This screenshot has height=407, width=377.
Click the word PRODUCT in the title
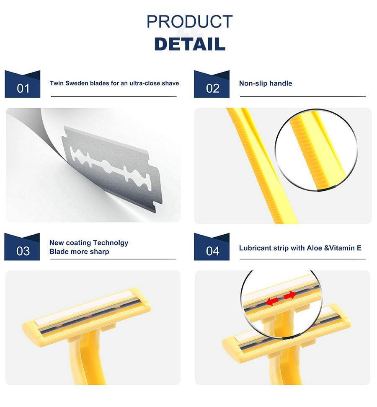click(x=189, y=21)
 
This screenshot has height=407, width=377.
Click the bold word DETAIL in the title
click(x=190, y=44)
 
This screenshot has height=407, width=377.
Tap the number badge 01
click(x=23, y=84)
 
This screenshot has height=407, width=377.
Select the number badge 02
click(x=212, y=84)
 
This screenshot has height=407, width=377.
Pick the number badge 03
click(x=22, y=247)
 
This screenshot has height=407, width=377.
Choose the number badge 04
click(x=212, y=247)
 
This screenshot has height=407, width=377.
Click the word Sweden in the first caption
click(x=77, y=83)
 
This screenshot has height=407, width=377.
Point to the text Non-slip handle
click(x=266, y=83)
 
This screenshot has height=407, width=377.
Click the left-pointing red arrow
click(x=272, y=301)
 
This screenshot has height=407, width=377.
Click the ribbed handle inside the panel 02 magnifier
click(x=317, y=150)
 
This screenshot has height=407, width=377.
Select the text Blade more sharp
click(x=79, y=252)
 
